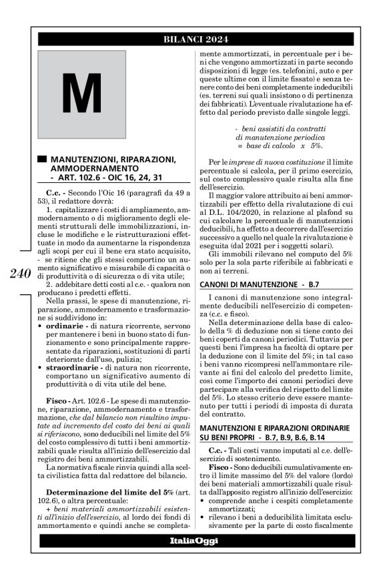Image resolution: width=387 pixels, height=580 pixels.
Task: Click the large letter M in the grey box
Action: pos(82,95)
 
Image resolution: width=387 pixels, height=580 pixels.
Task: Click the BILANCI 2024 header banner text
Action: pos(193,39)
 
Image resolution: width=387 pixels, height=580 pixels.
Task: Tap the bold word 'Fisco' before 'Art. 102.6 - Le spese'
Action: pos(57,406)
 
